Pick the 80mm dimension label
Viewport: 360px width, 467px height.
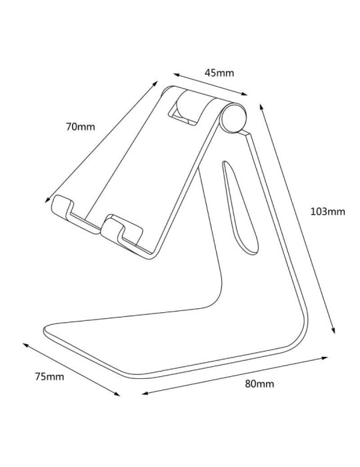(259, 384)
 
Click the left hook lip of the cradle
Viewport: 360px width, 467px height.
(62, 207)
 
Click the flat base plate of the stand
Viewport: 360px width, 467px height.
(167, 340)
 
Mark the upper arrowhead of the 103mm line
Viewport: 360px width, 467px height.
(261, 105)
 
